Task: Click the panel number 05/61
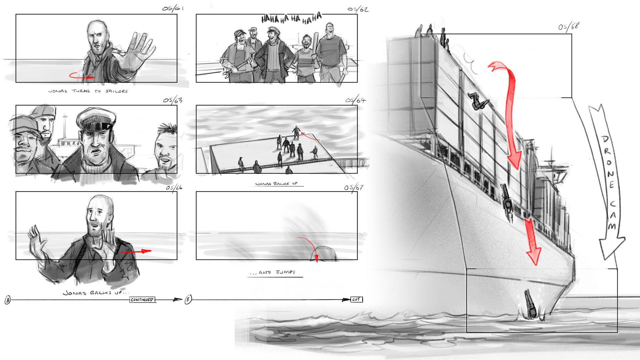[x=173, y=8]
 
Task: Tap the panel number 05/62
[x=358, y=9]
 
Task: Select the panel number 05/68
[x=569, y=26]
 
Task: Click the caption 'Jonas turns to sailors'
[x=88, y=91]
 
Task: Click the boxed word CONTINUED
[x=142, y=300]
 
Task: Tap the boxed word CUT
[x=356, y=299]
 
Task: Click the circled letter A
[x=8, y=300]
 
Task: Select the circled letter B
[x=188, y=299]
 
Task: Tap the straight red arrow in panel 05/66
[x=136, y=251]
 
